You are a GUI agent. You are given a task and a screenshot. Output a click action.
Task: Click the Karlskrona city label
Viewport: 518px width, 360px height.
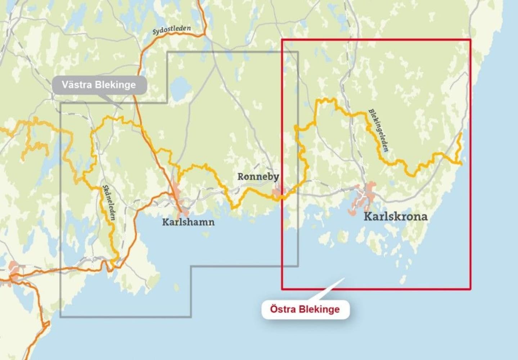(x=396, y=216)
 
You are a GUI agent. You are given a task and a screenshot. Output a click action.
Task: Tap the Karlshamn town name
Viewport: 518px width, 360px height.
(x=188, y=222)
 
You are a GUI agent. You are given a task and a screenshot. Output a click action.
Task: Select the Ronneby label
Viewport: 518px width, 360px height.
(x=258, y=176)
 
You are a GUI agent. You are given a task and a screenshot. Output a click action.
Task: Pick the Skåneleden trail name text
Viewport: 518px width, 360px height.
(x=109, y=203)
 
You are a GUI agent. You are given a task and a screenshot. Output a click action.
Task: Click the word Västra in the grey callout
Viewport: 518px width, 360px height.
(x=76, y=85)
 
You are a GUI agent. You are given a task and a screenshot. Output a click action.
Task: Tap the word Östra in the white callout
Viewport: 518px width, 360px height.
(x=282, y=309)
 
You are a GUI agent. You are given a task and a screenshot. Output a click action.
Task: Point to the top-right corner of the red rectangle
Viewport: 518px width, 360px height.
(x=470, y=40)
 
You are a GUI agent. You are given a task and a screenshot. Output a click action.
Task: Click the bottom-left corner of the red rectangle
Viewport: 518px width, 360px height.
(x=282, y=289)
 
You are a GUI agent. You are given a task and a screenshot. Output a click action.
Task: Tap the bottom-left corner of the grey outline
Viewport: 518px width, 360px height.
(x=60, y=317)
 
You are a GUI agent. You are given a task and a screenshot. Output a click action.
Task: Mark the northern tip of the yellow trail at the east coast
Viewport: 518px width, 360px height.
(x=460, y=133)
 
